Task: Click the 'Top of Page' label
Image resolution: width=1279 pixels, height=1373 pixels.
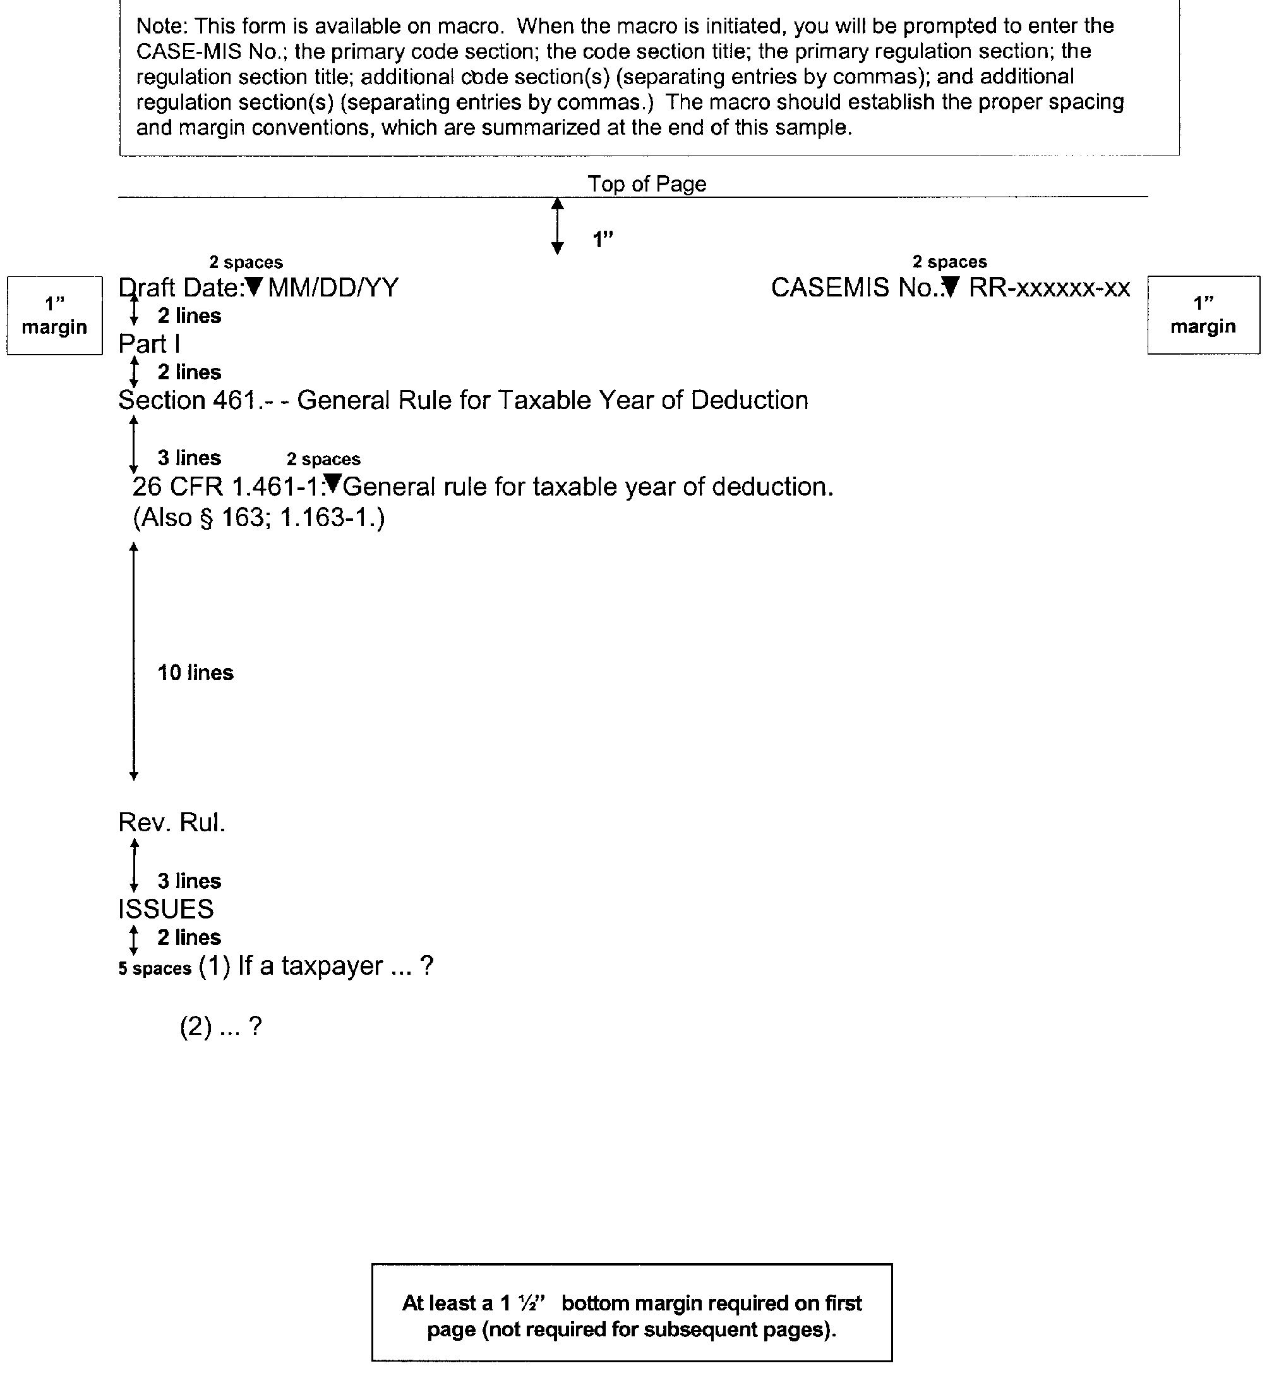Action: (646, 184)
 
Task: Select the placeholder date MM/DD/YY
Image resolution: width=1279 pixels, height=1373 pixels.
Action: (333, 288)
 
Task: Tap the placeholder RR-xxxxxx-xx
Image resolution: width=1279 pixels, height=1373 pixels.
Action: (1049, 288)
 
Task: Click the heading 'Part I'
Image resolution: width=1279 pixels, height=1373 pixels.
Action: (149, 344)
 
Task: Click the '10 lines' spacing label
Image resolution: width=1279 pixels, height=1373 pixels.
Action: (195, 673)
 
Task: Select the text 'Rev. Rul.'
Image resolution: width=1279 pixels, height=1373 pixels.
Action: (172, 822)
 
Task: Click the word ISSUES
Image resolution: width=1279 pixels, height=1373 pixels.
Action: (165, 909)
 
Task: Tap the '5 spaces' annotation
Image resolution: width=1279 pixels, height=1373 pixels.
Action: (154, 968)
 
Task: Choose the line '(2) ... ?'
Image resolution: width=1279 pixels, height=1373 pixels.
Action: (221, 1027)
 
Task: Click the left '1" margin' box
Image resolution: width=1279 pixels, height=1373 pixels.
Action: (54, 315)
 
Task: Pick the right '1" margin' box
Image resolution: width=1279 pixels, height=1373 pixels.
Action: (1203, 315)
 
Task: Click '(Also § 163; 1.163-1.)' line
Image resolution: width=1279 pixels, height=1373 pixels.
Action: (258, 517)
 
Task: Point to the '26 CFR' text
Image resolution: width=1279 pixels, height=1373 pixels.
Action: (177, 487)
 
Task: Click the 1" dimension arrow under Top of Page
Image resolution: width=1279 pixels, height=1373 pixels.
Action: (558, 226)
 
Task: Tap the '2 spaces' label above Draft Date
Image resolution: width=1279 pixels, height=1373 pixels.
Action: (246, 262)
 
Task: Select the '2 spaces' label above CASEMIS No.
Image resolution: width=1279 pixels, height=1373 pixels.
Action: (949, 262)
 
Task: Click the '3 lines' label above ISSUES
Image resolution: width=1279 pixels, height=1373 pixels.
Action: (189, 881)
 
